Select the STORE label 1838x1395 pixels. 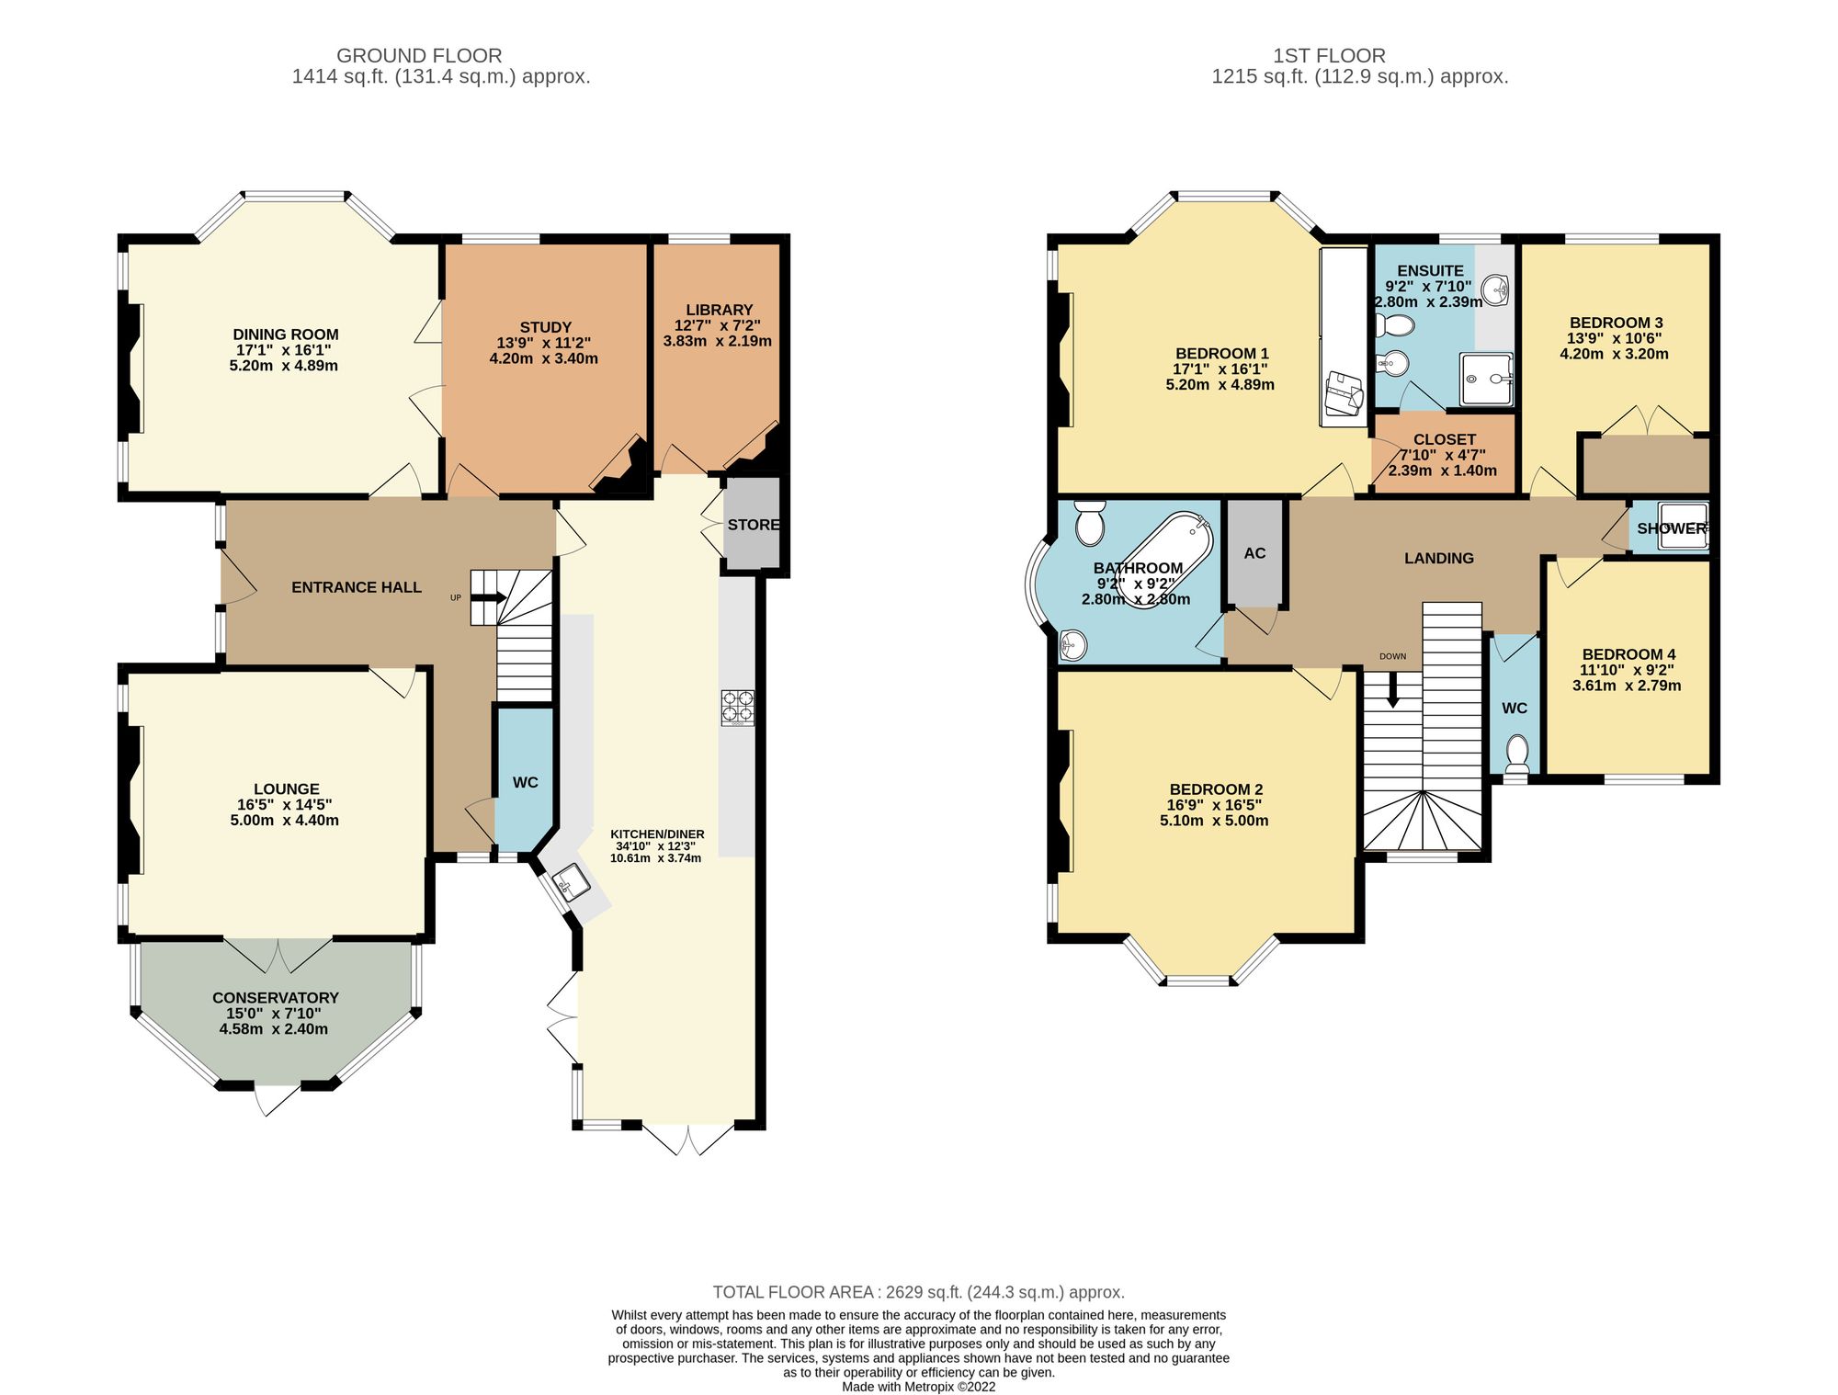click(x=754, y=525)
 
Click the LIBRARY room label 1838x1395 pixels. click(x=719, y=311)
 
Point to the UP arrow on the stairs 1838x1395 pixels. click(x=488, y=598)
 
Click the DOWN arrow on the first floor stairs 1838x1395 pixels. click(x=1392, y=689)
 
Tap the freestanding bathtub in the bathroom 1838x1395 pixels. click(x=1163, y=560)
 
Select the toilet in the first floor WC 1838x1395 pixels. click(x=1517, y=753)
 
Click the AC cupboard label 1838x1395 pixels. click(x=1254, y=553)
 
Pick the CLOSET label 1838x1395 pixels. click(x=1445, y=440)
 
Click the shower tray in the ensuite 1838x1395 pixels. click(x=1485, y=379)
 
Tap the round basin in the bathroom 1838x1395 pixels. click(x=1072, y=645)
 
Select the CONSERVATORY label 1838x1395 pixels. click(x=276, y=998)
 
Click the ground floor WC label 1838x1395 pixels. click(x=525, y=783)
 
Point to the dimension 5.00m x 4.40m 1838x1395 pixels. click(x=284, y=821)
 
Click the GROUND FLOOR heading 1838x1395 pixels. click(x=419, y=55)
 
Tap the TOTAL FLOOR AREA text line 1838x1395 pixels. click(x=918, y=1292)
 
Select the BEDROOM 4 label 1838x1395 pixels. click(x=1628, y=655)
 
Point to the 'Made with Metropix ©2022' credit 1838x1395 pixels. click(x=918, y=1387)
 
